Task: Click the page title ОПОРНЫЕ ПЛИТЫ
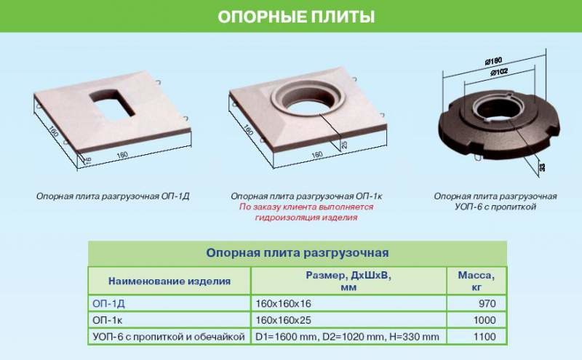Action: [296, 17]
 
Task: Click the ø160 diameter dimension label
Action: [494, 61]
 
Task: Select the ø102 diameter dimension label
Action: [499, 71]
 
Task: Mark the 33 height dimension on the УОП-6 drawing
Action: [543, 167]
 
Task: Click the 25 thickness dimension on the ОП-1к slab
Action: [344, 145]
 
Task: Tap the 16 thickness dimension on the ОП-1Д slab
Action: [88, 160]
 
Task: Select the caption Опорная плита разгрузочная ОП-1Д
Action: [113, 196]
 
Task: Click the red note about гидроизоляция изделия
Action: [306, 212]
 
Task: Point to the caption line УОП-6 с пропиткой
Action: [495, 207]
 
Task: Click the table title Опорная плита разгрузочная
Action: [298, 253]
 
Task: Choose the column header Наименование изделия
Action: [170, 281]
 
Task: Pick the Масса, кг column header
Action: [477, 281]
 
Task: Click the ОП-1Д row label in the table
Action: [108, 303]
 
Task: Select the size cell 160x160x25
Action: [283, 320]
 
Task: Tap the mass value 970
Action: [487, 303]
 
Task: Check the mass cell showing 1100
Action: [485, 337]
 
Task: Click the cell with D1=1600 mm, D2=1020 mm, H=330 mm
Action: [348, 337]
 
